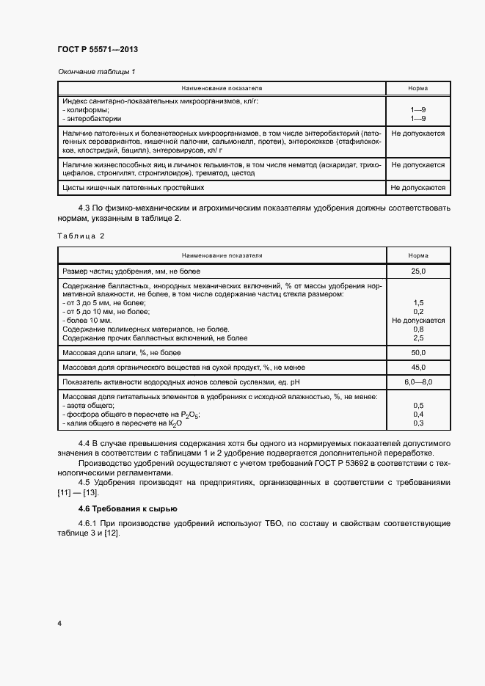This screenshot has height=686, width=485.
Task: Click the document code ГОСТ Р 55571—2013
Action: (98, 49)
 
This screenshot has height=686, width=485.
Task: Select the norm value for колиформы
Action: (418, 109)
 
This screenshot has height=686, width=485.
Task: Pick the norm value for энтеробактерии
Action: (418, 118)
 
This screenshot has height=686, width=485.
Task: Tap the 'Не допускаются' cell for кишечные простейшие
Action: (418, 188)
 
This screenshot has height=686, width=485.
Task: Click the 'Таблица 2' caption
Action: (81, 236)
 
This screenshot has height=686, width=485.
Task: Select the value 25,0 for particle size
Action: (418, 272)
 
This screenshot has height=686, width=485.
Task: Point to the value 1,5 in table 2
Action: (418, 303)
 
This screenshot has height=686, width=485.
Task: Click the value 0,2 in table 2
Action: (418, 312)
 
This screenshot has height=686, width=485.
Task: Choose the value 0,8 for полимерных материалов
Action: (418, 329)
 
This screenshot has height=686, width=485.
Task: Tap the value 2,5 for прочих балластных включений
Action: (418, 338)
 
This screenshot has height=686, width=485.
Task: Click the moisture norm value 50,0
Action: (418, 353)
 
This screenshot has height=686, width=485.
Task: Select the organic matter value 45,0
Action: (418, 368)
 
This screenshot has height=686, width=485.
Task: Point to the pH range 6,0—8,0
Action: (418, 382)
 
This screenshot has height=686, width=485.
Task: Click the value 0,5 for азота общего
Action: (418, 406)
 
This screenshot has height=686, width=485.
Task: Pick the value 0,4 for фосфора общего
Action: (418, 415)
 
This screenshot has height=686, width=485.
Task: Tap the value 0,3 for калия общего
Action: (418, 423)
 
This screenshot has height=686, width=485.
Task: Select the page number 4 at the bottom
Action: (59, 624)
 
